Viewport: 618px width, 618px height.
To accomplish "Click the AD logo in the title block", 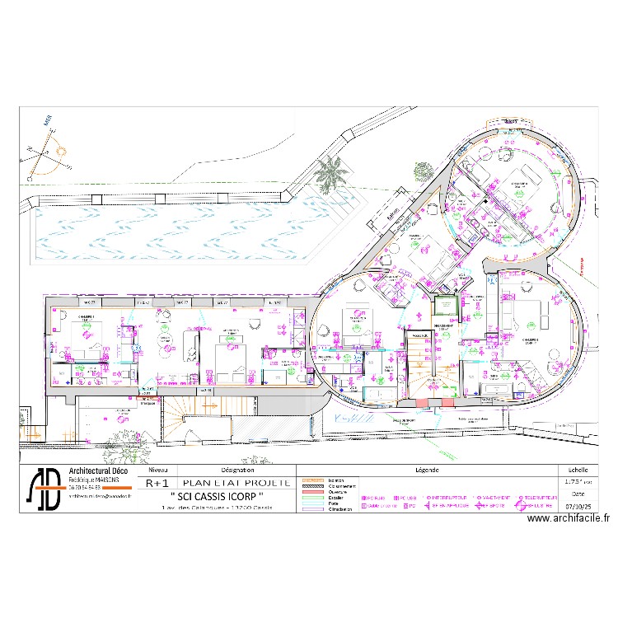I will (x=46, y=489).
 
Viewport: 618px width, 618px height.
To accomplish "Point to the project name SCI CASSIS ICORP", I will (x=218, y=495).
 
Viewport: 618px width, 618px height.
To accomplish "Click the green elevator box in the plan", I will (x=445, y=304).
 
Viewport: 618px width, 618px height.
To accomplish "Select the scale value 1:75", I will (x=571, y=483).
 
